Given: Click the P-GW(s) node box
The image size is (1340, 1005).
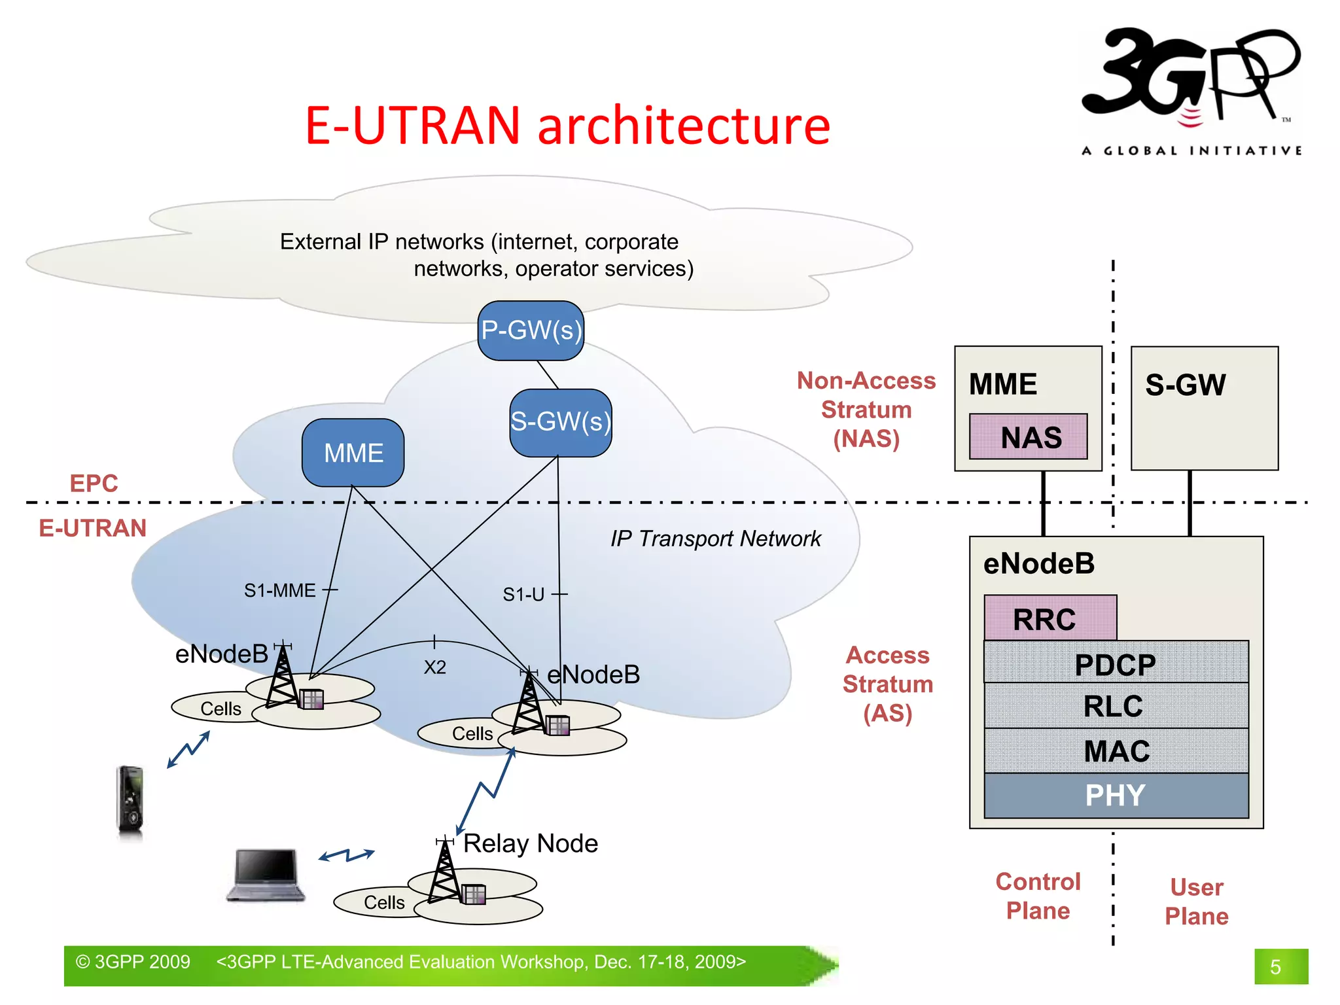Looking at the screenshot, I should pos(531,330).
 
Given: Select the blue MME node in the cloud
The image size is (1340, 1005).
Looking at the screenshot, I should pos(353,453).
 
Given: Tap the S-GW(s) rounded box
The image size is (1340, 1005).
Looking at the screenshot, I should pos(561,422).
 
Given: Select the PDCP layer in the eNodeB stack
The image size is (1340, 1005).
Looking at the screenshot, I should pos(1116,663).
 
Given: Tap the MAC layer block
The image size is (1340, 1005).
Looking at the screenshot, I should pos(1116,750).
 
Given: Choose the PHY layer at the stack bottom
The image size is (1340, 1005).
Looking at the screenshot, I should pos(1116,796).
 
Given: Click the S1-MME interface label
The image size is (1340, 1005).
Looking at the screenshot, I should pos(280,590).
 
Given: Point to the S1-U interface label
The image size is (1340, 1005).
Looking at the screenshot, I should pos(523,594).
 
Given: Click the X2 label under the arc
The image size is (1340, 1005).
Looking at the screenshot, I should pos(435,667).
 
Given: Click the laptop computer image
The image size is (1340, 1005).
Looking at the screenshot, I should pos(266,875).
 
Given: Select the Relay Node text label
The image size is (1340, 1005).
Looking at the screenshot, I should pos(531,843).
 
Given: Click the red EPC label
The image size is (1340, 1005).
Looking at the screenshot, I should pos(94,483).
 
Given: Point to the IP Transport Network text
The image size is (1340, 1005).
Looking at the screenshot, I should pos(715,538).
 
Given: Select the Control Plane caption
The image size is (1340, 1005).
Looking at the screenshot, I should pos(1038,896).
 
